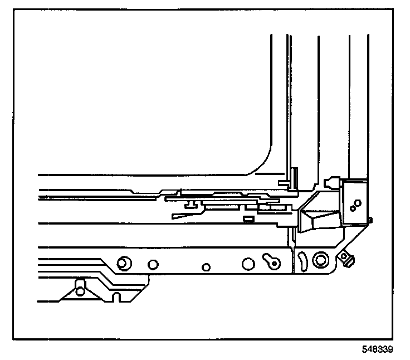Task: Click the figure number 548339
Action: [x=378, y=351]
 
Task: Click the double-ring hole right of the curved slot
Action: [x=320, y=260]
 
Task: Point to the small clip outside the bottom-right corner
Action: [x=349, y=258]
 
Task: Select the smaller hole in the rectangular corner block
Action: [x=352, y=209]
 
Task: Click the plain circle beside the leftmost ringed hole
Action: [x=153, y=264]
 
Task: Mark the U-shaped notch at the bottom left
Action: [x=116, y=295]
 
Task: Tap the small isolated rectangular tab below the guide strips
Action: [x=249, y=217]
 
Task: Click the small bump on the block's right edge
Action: [x=369, y=221]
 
